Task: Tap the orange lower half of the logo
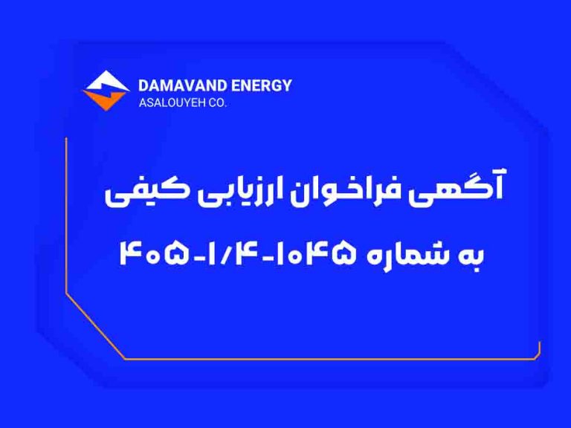105,100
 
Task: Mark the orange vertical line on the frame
66,215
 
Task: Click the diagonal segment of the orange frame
95,326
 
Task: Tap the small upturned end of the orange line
539,350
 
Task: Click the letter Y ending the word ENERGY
286,86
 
